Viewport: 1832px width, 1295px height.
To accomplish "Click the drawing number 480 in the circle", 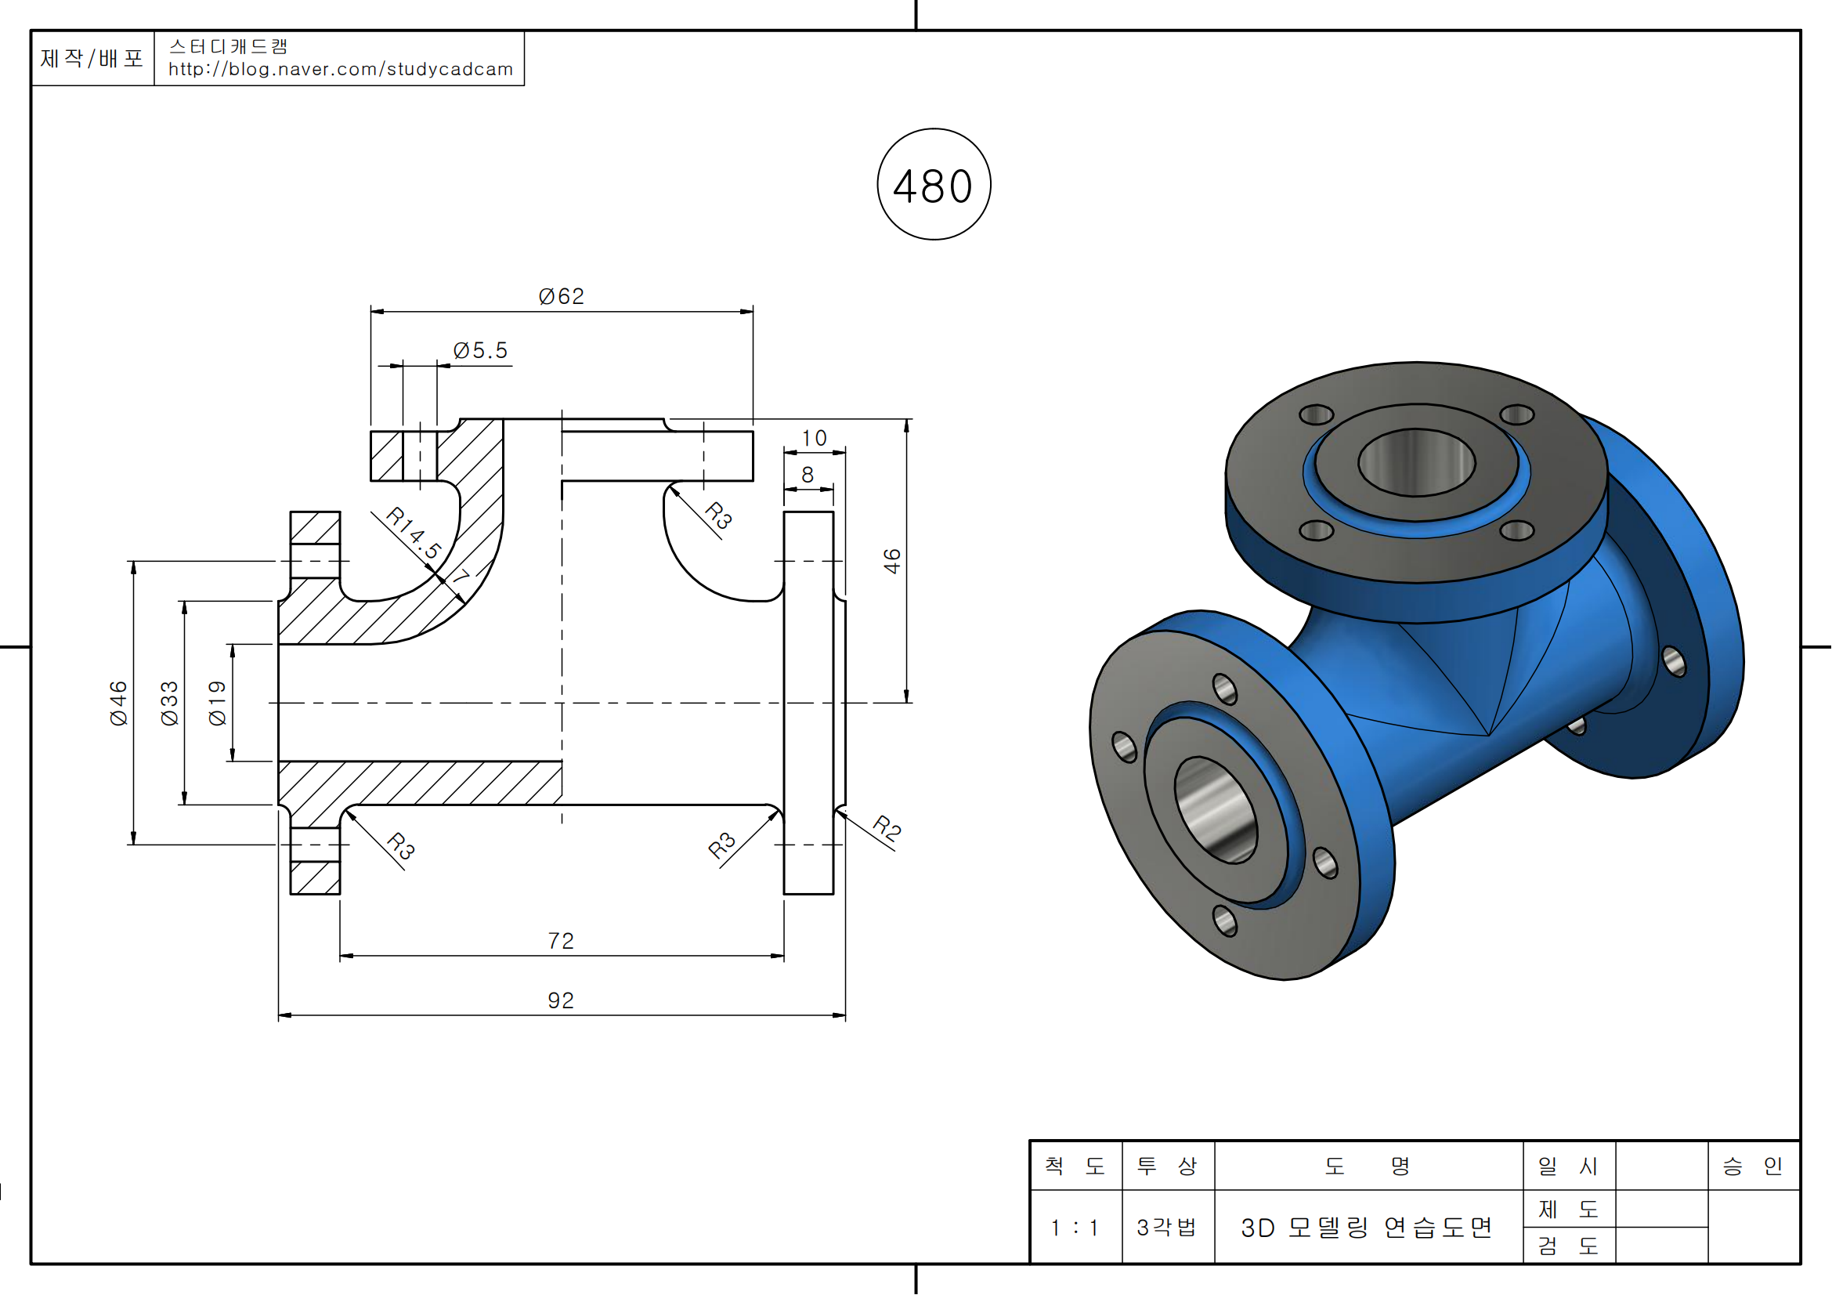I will pyautogui.click(x=933, y=186).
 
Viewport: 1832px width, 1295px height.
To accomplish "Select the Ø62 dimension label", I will pyautogui.click(x=561, y=297).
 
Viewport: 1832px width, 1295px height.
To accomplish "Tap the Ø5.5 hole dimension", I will pyautogui.click(x=480, y=350).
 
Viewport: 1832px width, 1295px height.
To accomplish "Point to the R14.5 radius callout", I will pyautogui.click(x=413, y=532).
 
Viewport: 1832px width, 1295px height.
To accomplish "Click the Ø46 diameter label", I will pyautogui.click(x=118, y=703).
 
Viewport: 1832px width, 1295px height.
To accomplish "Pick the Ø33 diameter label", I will pyautogui.click(x=169, y=703).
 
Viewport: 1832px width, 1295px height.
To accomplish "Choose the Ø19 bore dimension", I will pyautogui.click(x=217, y=703).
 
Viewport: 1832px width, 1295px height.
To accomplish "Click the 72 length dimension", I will pyautogui.click(x=561, y=941).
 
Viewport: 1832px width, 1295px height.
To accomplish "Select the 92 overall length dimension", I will pyautogui.click(x=561, y=1000).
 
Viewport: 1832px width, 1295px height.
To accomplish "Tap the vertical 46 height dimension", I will pyautogui.click(x=892, y=561).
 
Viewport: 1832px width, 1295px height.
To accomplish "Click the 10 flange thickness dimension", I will pyautogui.click(x=814, y=438).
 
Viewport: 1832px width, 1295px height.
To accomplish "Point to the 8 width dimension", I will pyautogui.click(x=808, y=475).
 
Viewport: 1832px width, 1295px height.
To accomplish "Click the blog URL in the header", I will pyautogui.click(x=341, y=70).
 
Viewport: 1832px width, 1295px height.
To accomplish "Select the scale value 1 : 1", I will pyautogui.click(x=1075, y=1227).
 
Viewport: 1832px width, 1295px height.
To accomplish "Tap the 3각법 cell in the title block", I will pyautogui.click(x=1166, y=1227).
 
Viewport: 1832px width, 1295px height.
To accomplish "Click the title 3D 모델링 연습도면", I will pyautogui.click(x=1367, y=1227).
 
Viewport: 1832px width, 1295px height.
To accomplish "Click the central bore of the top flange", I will pyautogui.click(x=1416, y=462).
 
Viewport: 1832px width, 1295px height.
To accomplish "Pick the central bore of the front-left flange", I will pyautogui.click(x=1216, y=810).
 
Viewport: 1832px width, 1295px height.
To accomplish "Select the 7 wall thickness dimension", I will pyautogui.click(x=462, y=576).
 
